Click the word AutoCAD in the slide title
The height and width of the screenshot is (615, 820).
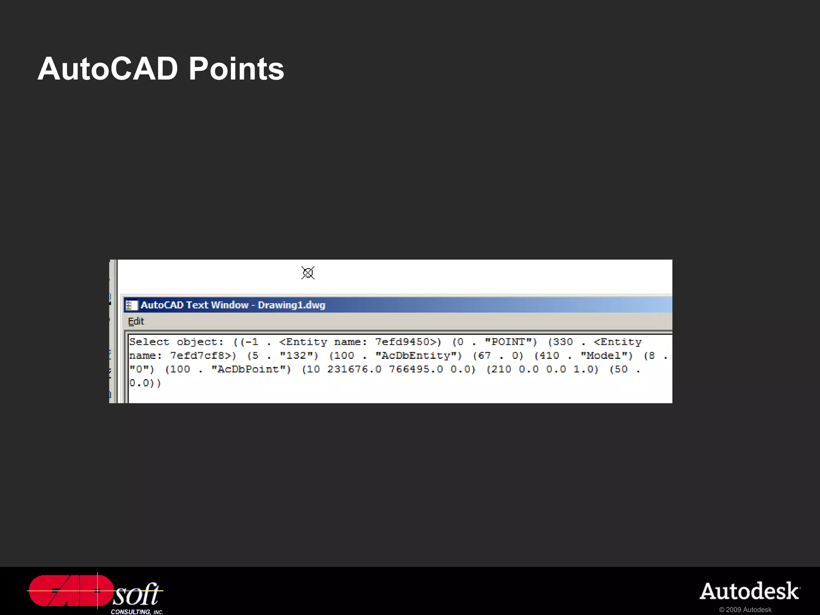point(108,69)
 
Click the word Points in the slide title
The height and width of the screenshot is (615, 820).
point(236,69)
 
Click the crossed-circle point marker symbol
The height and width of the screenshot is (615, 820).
point(308,273)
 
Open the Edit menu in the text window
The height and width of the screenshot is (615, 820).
point(136,322)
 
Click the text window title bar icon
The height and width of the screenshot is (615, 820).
point(132,305)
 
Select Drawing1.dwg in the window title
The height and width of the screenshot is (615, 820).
point(291,305)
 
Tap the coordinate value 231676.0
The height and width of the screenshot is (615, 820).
point(354,369)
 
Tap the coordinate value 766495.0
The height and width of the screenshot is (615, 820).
point(416,369)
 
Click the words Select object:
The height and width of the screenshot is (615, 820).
point(176,342)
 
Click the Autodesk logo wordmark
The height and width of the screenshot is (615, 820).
point(750,592)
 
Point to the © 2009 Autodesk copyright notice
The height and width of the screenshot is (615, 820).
point(745,610)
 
